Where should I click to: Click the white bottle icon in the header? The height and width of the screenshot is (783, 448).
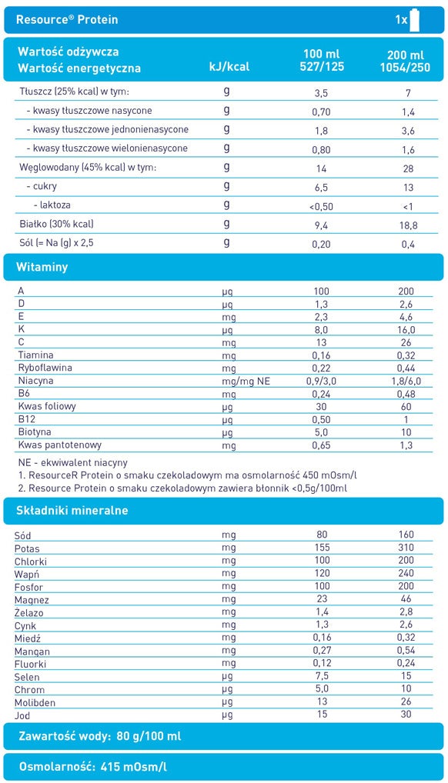[414, 18]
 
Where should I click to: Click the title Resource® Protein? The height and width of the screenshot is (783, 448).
[68, 19]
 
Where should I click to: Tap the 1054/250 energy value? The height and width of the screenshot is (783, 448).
[406, 68]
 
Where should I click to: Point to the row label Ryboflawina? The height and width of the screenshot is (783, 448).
[45, 368]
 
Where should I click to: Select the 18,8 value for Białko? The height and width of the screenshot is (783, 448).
[406, 225]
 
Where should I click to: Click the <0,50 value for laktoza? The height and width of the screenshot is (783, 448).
[322, 206]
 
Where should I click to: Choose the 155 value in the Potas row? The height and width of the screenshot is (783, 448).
[322, 548]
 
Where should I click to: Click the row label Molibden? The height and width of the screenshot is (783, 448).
[35, 702]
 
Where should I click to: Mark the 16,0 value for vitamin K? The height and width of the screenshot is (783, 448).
[406, 329]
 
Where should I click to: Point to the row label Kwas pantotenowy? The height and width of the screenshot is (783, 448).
[60, 445]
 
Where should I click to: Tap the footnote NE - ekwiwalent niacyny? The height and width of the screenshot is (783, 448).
[73, 463]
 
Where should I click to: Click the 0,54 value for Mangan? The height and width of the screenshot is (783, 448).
[406, 651]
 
